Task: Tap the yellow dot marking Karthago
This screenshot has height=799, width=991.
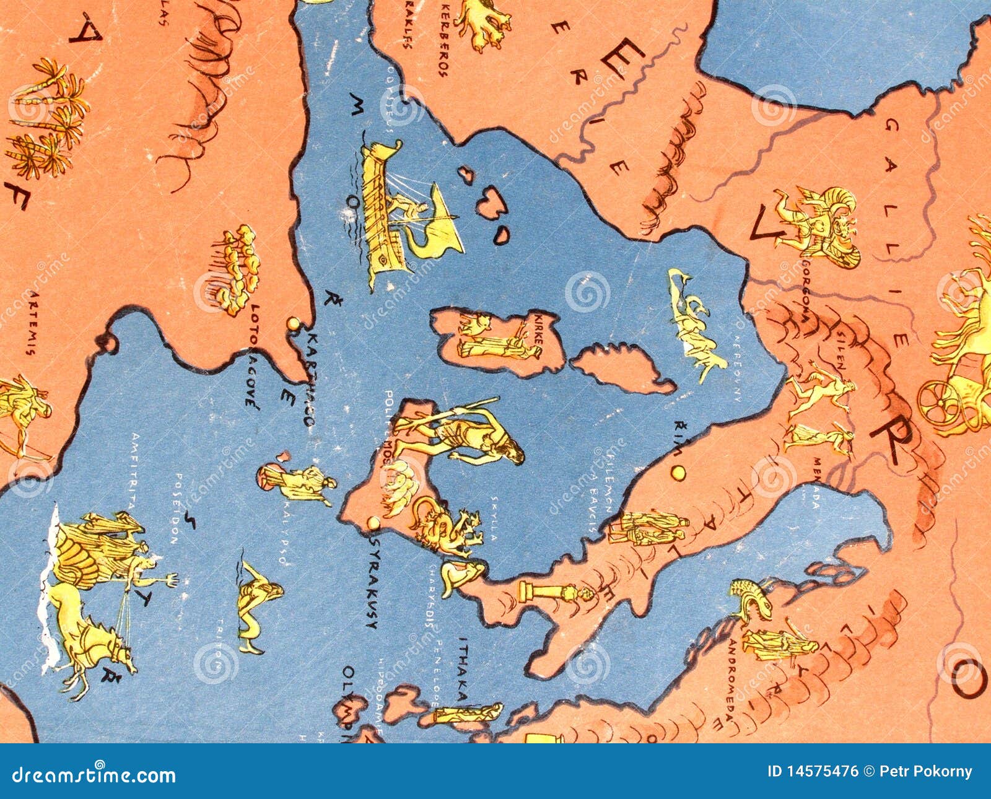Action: click(x=293, y=323)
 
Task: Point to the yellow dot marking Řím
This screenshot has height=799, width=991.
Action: click(x=679, y=473)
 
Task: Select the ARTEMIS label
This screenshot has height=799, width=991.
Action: click(x=29, y=323)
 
